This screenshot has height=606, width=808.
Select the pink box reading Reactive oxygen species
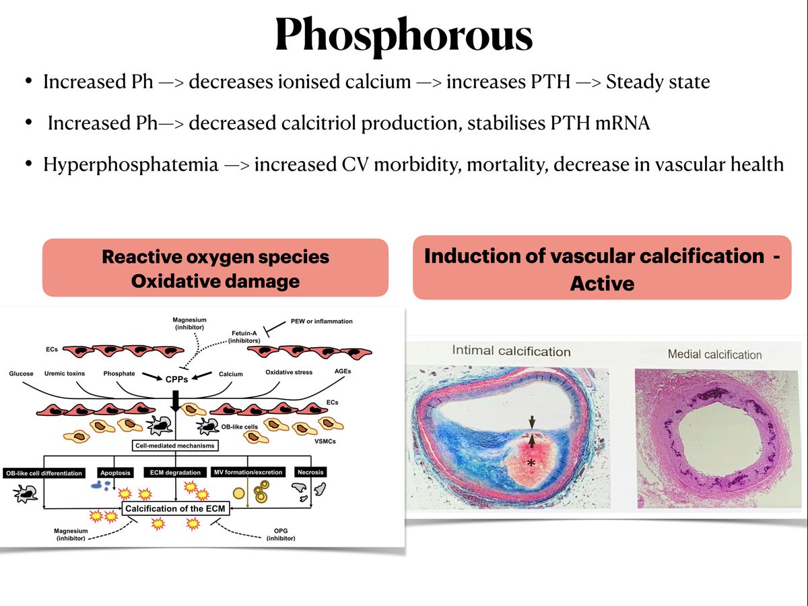(x=215, y=268)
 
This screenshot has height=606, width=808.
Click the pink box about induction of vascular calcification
(x=601, y=268)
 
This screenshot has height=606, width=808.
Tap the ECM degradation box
(x=175, y=472)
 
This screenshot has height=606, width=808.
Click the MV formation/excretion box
(x=248, y=472)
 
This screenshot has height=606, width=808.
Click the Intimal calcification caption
(x=511, y=351)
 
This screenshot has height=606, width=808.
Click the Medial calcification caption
(x=714, y=354)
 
